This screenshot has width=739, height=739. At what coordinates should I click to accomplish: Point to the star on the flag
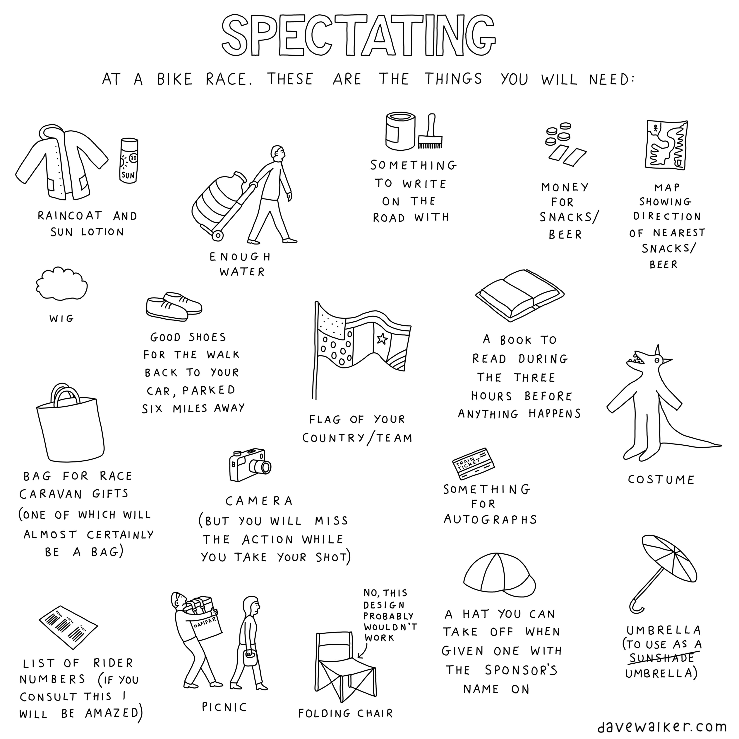click(x=382, y=339)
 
